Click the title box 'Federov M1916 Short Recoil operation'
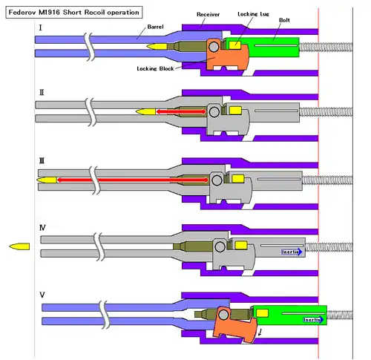point(74,13)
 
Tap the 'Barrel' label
point(155,27)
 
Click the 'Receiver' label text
point(208,14)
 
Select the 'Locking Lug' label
point(253,14)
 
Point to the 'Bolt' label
point(284,20)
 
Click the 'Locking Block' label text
point(155,68)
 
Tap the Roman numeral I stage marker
point(41,27)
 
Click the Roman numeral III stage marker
point(42,161)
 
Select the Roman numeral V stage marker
point(42,295)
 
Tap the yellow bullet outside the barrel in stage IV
point(19,246)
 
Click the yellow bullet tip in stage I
point(157,46)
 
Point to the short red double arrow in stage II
point(181,112)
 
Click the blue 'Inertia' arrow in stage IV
point(292,252)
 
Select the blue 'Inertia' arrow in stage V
point(314,320)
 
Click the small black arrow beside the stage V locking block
point(260,333)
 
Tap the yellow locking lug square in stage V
point(262,313)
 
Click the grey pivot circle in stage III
point(217,180)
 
